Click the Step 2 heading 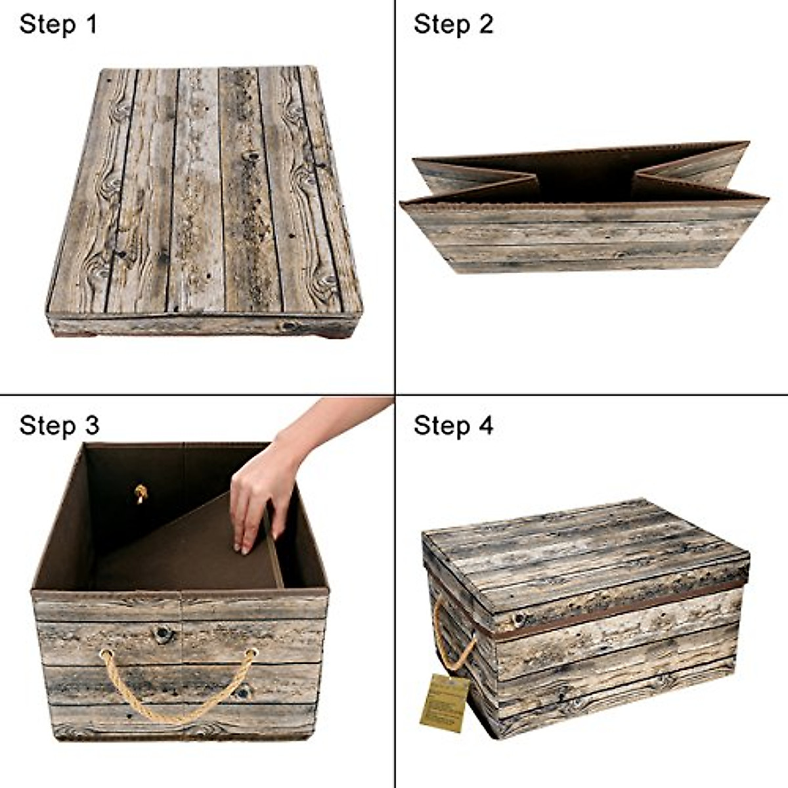point(452,24)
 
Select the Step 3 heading point(59,425)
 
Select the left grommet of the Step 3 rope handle point(104,653)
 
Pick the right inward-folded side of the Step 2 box point(696,172)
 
